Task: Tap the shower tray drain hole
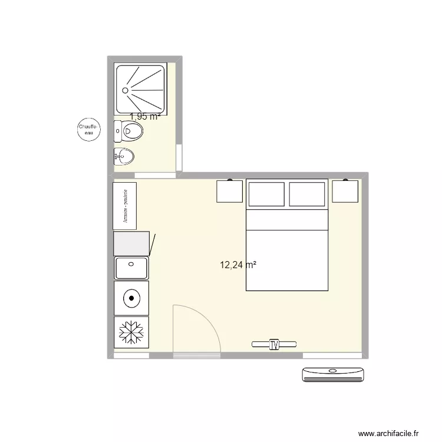coord(124,90)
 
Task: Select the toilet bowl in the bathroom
coord(134,131)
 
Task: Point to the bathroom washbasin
coord(126,157)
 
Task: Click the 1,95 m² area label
coord(145,117)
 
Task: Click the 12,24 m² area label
coord(238,265)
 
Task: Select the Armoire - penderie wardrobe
coord(125,206)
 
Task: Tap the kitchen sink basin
coord(131,268)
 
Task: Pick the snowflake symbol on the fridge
coord(131,332)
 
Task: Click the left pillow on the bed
coord(266,194)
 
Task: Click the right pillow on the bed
coord(307,194)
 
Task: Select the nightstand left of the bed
coord(230,192)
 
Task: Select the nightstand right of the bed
coord(345,192)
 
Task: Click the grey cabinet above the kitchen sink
coord(131,243)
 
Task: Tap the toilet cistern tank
coord(117,131)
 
